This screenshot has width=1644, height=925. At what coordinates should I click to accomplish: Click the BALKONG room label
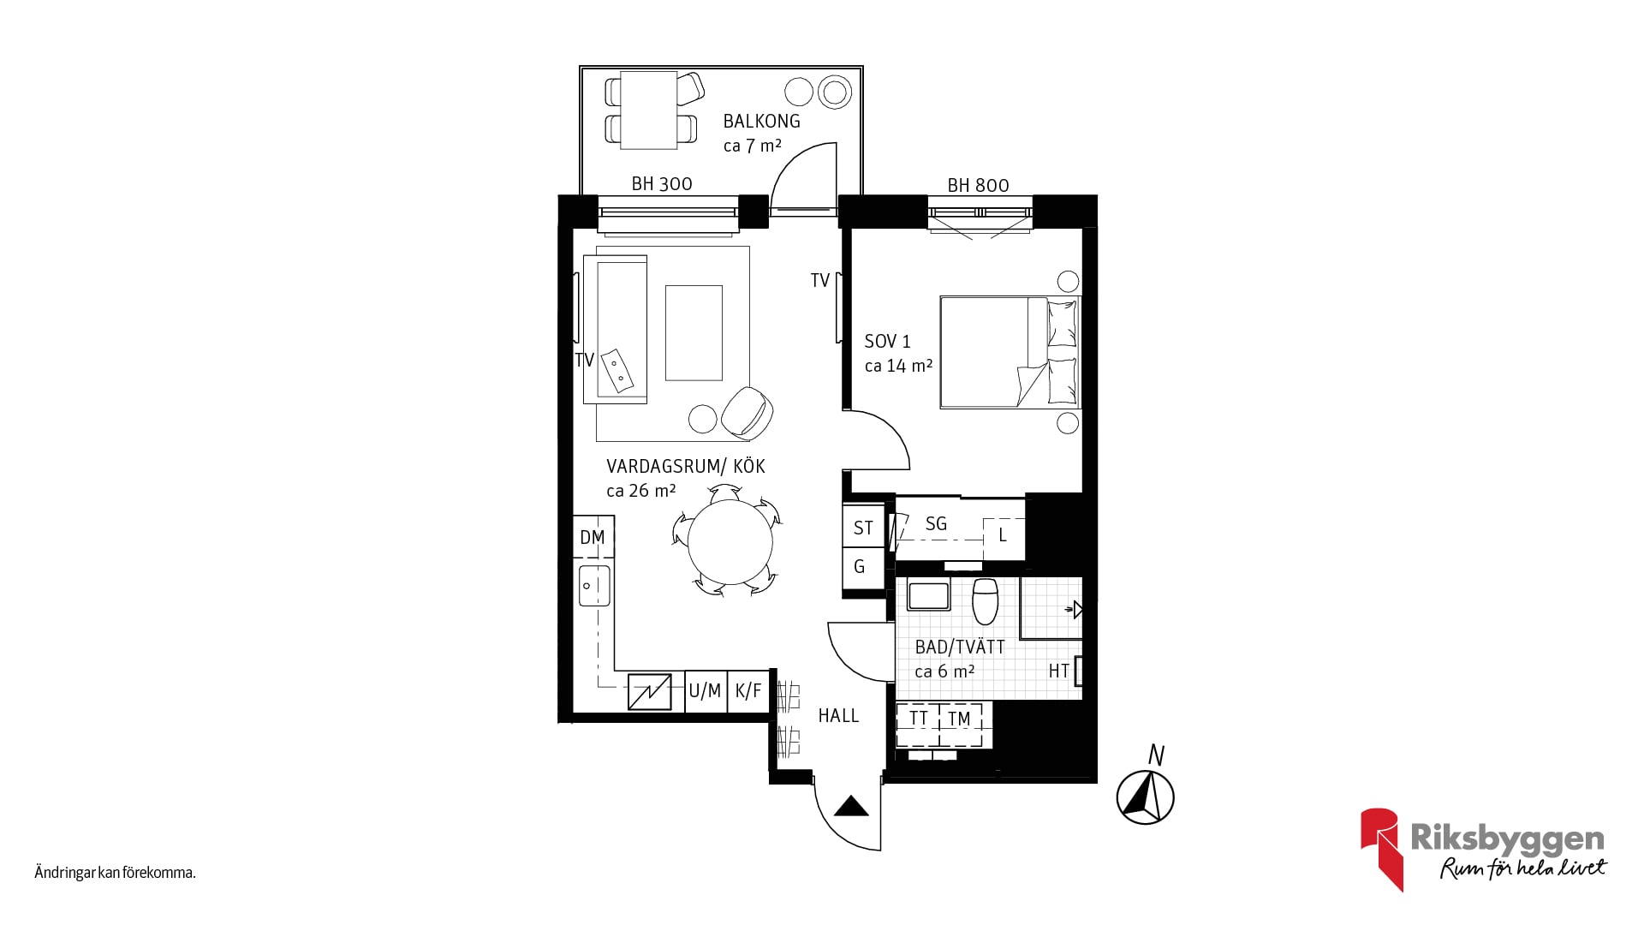(x=761, y=122)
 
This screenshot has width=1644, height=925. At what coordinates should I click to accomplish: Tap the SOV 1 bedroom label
(x=888, y=342)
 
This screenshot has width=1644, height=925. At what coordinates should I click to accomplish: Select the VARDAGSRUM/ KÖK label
(x=686, y=467)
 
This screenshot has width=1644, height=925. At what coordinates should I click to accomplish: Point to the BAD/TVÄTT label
(x=960, y=647)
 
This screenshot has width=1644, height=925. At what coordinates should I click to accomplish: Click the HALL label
(x=838, y=716)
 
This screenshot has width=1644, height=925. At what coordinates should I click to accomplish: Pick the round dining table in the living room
(x=730, y=542)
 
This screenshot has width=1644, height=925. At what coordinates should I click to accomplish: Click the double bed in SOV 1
(x=1010, y=352)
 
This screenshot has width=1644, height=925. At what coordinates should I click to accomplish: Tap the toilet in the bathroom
(x=986, y=600)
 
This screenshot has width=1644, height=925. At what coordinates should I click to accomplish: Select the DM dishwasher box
(x=593, y=537)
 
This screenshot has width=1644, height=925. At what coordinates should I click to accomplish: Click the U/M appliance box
(x=706, y=691)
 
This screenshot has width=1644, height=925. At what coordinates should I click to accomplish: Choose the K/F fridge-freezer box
(x=748, y=691)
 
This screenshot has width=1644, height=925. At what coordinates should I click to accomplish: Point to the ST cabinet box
(x=863, y=528)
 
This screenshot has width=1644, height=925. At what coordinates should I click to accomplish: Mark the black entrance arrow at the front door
(x=851, y=806)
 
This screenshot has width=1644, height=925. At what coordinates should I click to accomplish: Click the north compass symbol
(x=1146, y=797)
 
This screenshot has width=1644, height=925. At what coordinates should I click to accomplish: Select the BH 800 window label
(x=978, y=186)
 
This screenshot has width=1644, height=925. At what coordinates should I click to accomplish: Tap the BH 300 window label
(x=662, y=184)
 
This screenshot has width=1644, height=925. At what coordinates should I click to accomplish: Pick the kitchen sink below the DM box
(x=594, y=586)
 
